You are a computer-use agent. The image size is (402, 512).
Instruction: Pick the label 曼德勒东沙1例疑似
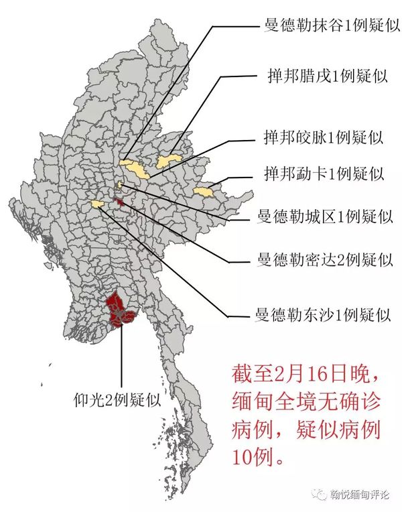point(319,314)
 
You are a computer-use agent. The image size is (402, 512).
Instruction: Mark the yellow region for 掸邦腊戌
point(167,161)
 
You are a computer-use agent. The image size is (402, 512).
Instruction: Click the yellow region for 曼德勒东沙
point(98,204)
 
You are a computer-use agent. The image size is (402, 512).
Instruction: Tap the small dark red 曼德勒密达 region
point(120,202)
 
